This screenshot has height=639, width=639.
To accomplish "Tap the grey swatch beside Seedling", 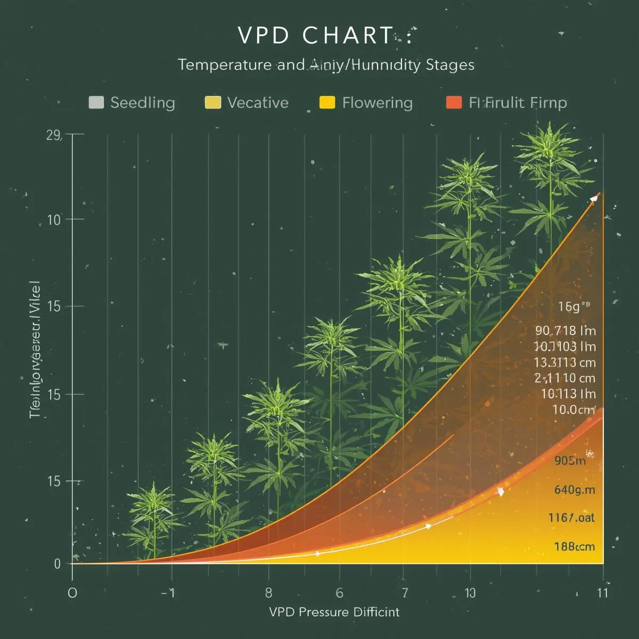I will pos(96,102).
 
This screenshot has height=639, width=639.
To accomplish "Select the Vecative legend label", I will pos(258,102).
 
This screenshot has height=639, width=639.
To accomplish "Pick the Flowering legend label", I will pos(377,102).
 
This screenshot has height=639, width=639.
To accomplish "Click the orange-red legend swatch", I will pos(454,102).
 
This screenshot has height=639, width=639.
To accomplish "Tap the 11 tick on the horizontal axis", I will pos(602,593).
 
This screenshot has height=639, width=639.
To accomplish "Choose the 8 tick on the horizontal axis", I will pos(268,593).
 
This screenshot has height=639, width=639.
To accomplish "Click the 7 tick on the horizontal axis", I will pos(405,593).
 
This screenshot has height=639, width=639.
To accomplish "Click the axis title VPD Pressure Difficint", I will pos(334,612).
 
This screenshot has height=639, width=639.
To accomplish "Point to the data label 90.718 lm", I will pos(565,331).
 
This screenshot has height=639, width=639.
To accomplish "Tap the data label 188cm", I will pos(574,546).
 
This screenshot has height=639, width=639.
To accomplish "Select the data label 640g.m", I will pos(574,489).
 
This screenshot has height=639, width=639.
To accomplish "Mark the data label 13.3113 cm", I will pos(564,363).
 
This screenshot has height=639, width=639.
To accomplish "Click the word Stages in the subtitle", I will pos(450,65).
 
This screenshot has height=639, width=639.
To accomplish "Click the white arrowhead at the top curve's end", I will pos(594,199).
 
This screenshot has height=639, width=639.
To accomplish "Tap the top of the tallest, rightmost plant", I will pos(550,130).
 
